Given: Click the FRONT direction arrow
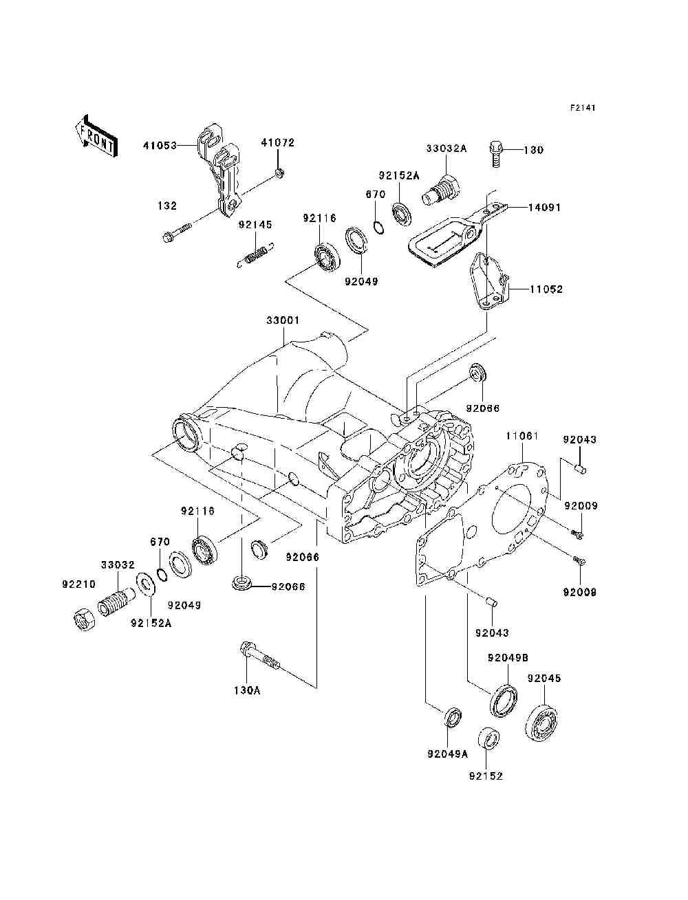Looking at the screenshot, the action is tap(97, 135).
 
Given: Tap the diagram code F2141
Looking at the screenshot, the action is tap(583, 108).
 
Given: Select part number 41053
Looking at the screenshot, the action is tap(160, 145).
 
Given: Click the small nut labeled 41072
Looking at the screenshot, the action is tap(279, 173).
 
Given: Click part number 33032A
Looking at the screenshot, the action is tap(447, 148).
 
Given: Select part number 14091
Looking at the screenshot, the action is tap(544, 207).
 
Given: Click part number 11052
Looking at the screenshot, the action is tap(546, 289).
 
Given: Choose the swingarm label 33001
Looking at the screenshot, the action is tap(283, 320).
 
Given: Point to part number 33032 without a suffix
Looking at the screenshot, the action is tap(118, 565).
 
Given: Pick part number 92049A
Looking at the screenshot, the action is tap(448, 754).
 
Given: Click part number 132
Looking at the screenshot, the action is tap(167, 206).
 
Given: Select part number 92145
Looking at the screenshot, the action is tap(255, 225).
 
